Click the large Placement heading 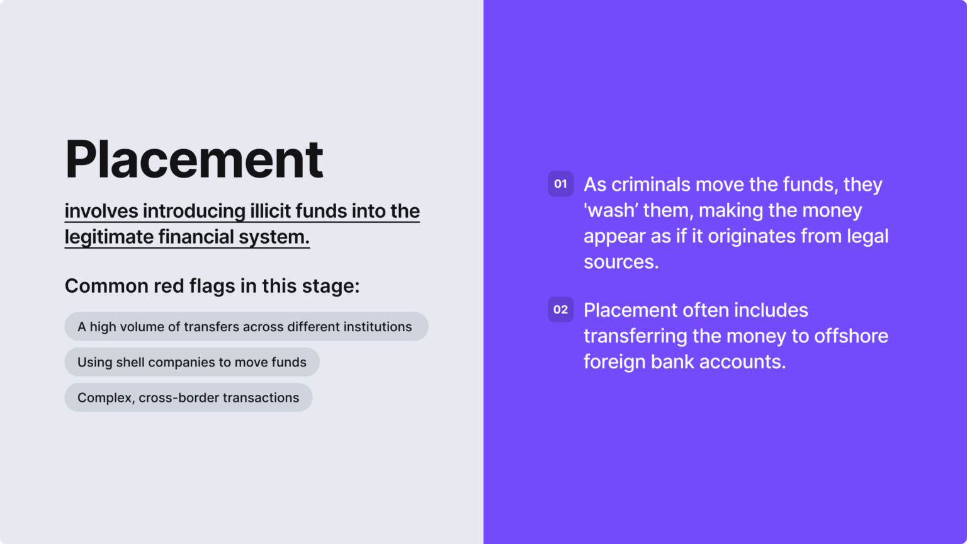pyautogui.click(x=194, y=159)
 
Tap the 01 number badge pyautogui.click(x=560, y=184)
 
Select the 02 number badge pyautogui.click(x=560, y=310)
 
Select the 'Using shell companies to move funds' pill pyautogui.click(x=192, y=362)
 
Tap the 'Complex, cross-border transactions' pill pyautogui.click(x=188, y=397)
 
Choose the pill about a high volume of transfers pyautogui.click(x=246, y=327)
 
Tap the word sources pyautogui.click(x=621, y=262)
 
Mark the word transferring pyautogui.click(x=635, y=336)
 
